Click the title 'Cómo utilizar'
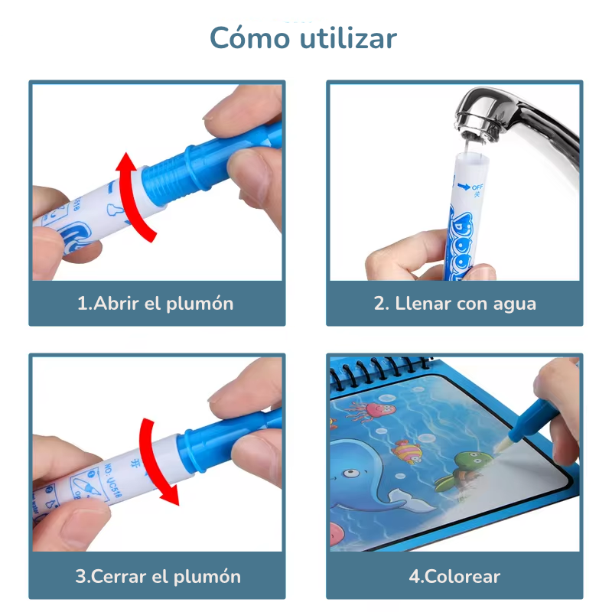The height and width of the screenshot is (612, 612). coord(304,37)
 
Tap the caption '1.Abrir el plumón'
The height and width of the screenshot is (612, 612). coord(156,303)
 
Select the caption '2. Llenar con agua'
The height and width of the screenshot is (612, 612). coord(454,303)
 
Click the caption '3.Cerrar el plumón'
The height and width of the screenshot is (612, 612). coord(158,576)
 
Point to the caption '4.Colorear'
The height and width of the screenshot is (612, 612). coord(454,576)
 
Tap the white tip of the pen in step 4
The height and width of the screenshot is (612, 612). coord(506,443)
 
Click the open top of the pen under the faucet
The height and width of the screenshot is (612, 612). coord(472,156)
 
